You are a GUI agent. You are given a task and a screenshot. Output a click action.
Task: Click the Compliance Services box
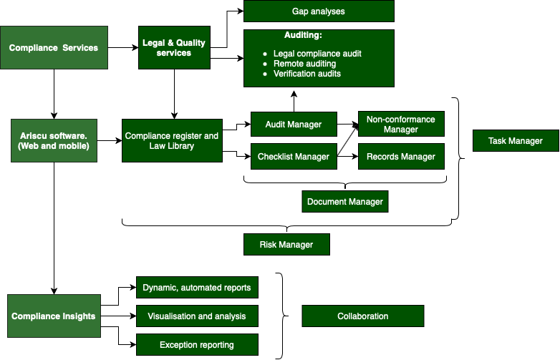coord(54,48)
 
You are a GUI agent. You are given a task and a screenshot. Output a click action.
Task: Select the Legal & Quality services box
coord(174,48)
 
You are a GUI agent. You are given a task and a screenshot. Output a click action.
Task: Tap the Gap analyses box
coord(319,11)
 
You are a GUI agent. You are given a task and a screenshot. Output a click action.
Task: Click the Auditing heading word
coord(303,35)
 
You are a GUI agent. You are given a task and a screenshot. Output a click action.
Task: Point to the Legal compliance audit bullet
coord(317,54)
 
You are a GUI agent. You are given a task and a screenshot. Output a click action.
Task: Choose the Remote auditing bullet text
coord(304,64)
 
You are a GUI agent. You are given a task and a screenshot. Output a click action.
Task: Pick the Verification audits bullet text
coord(307,74)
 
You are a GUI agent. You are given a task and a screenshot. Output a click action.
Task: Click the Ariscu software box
coord(54,141)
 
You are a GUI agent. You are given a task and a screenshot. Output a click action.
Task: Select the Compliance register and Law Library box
coord(172,140)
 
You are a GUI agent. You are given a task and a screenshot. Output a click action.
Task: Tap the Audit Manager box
coord(294,125)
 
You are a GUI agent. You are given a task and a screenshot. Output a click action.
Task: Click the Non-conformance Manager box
coord(401,125)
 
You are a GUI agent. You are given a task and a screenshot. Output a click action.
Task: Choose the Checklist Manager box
coord(294,157)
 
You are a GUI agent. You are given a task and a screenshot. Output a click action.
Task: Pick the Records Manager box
coord(401,157)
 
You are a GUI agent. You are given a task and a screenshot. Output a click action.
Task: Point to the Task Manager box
coord(516,141)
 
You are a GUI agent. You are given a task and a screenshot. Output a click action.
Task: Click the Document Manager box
coord(345,202)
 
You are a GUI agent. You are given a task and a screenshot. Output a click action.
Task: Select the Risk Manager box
coord(286,245)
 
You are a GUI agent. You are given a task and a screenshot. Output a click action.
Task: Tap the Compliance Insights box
coord(54,316)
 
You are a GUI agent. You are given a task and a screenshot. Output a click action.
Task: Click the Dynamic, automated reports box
coord(197,288)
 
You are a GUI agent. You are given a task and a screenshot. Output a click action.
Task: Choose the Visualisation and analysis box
coord(197,316)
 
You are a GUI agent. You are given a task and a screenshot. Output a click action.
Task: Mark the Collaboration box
coord(363,316)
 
